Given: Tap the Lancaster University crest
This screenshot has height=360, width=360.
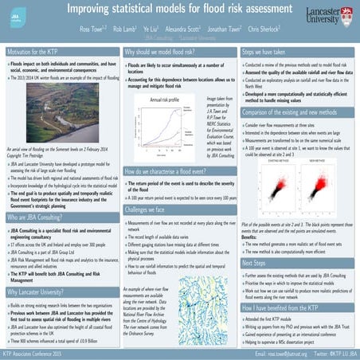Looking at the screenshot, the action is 347,14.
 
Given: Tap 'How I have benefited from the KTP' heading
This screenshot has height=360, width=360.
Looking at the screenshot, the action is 290,307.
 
